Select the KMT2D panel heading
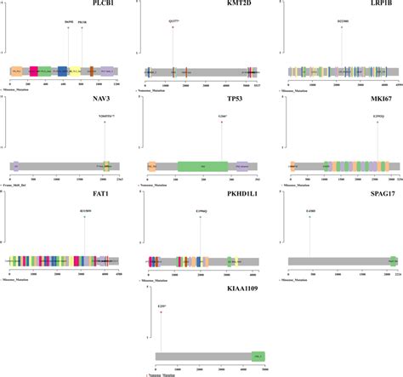click(214, 5)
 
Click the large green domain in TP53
click(203, 168)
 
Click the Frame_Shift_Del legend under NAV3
click(23, 185)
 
